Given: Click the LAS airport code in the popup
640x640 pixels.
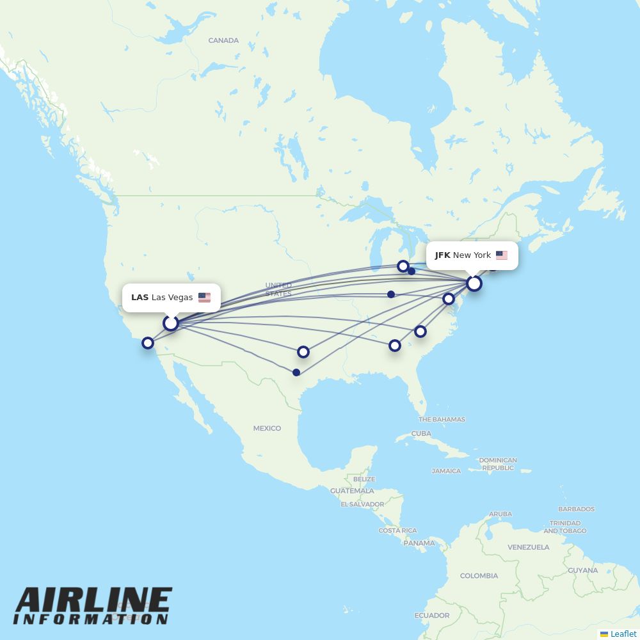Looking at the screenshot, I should click(140, 298).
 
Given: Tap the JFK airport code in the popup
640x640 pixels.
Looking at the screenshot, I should click(442, 255).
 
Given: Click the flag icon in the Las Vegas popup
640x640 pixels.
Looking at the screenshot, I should click(204, 298).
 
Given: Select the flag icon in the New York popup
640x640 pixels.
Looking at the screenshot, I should click(501, 255).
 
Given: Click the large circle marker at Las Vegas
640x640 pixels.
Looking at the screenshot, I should click(170, 323).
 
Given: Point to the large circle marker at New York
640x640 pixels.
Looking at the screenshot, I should click(474, 284).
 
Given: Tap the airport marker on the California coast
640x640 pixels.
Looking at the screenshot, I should click(148, 343).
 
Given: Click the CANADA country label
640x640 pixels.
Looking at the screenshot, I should click(223, 40).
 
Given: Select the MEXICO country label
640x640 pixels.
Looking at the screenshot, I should click(267, 428).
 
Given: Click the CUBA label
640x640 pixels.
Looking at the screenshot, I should click(421, 433).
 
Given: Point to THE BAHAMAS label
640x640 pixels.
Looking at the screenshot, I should click(442, 420).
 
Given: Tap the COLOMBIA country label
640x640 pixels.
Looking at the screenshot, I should click(479, 576).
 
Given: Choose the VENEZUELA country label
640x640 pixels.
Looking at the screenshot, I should click(529, 547).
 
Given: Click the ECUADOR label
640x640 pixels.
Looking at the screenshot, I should click(432, 616).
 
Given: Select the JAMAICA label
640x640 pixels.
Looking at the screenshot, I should click(446, 471).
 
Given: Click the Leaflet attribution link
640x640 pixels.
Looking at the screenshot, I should click(623, 634).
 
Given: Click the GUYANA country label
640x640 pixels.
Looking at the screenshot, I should click(582, 570).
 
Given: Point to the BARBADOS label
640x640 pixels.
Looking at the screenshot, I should click(576, 509).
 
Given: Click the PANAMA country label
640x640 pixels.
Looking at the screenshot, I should click(419, 543).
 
